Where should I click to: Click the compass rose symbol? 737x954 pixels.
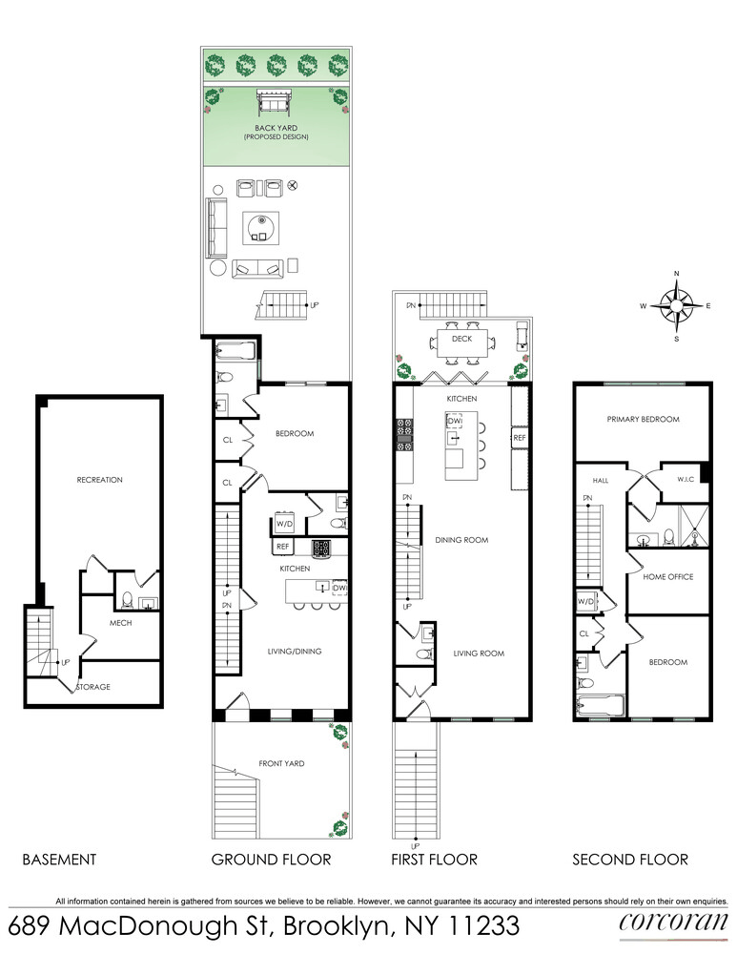click(676, 305)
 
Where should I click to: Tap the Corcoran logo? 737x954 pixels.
click(673, 923)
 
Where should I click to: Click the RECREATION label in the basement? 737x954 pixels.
click(100, 480)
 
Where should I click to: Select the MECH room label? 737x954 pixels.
click(120, 623)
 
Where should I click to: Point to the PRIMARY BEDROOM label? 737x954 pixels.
click(644, 419)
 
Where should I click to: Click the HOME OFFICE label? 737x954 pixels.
click(668, 577)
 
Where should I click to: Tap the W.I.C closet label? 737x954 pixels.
click(686, 480)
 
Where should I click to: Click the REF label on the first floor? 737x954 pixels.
click(520, 438)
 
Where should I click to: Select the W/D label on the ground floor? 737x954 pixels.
click(284, 524)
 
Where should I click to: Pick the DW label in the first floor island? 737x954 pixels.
click(455, 421)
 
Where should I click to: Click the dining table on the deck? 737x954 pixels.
click(462, 343)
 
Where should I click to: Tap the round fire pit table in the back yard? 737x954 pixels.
click(261, 228)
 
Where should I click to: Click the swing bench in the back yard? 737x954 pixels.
click(276, 102)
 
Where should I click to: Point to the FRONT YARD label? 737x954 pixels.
click(281, 763)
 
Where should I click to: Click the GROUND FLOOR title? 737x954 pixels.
click(271, 860)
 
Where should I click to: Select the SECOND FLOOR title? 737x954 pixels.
click(630, 860)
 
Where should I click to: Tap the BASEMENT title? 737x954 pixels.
click(59, 860)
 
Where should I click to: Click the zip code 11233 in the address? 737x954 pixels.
click(483, 926)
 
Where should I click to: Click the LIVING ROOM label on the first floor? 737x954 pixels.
click(479, 653)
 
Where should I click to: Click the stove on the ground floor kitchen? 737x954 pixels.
click(321, 549)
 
